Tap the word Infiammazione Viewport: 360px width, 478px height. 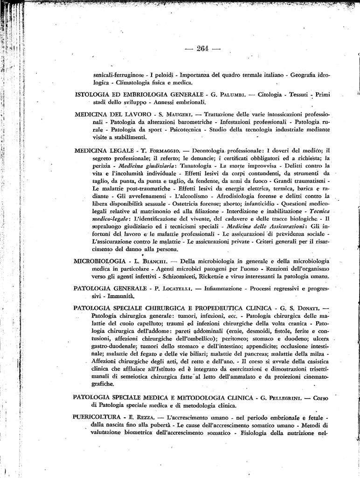click(x=222, y=289)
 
